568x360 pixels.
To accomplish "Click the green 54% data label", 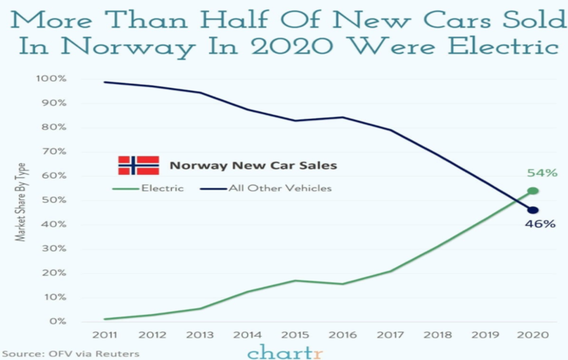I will pyautogui.click(x=542, y=173).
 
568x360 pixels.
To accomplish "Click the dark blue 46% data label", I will pyautogui.click(x=540, y=224).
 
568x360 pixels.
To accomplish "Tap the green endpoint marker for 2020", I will pyautogui.click(x=533, y=191).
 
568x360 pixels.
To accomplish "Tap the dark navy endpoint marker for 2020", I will pyautogui.click(x=533, y=210).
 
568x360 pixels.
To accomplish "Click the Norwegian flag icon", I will pyautogui.click(x=138, y=165).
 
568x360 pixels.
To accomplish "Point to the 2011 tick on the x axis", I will pyautogui.click(x=105, y=335).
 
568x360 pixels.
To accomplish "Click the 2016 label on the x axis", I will pyautogui.click(x=342, y=335).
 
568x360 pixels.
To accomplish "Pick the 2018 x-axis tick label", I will pyautogui.click(x=437, y=335).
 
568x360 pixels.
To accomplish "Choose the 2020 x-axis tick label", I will pyautogui.click(x=532, y=335).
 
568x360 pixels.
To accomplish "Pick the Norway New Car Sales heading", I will pyautogui.click(x=253, y=165).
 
